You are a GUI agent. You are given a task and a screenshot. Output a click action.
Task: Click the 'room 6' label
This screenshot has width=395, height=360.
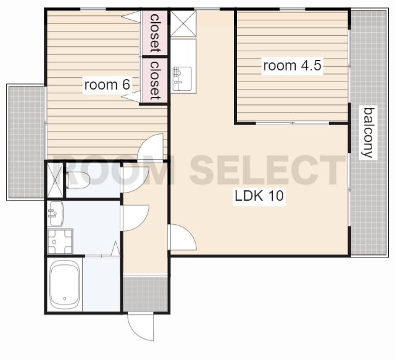point(107,85)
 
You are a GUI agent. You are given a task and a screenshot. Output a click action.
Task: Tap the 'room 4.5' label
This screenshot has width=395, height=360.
point(292,65)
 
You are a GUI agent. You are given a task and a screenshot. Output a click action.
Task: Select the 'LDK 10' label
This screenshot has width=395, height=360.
point(259,196)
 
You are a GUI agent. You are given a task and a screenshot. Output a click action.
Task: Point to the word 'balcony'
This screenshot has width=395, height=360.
point(368,133)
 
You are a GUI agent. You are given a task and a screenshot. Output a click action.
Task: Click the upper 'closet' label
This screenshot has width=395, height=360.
point(155,33)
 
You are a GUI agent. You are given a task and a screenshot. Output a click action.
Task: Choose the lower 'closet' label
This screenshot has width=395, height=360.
point(155,80)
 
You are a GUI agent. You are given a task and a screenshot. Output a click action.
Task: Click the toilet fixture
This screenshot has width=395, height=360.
point(77,180)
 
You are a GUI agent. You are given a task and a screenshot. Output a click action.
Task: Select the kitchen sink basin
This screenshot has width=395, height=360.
point(182,78)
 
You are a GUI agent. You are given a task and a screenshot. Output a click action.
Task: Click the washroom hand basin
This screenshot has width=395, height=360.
point(56,214)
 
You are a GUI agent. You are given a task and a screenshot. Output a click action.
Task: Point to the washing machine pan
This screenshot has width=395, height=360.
point(60,241)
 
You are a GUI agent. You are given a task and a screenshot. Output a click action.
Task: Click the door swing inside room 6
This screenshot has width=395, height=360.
point(151,147)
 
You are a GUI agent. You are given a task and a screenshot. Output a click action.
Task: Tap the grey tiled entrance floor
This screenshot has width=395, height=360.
point(146,294)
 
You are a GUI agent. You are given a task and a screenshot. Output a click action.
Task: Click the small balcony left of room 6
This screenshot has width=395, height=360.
point(26,142)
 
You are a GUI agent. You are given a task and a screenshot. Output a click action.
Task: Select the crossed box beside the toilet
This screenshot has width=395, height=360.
point(55,180)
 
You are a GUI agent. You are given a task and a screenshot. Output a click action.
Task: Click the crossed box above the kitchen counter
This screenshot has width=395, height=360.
point(183,23)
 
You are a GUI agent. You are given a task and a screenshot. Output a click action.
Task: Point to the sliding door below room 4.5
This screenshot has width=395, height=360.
point(292,123)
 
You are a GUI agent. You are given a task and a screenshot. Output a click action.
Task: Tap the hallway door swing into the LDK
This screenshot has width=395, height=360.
point(183,237)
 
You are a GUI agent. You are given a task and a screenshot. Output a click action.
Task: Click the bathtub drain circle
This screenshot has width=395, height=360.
point(65,298)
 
